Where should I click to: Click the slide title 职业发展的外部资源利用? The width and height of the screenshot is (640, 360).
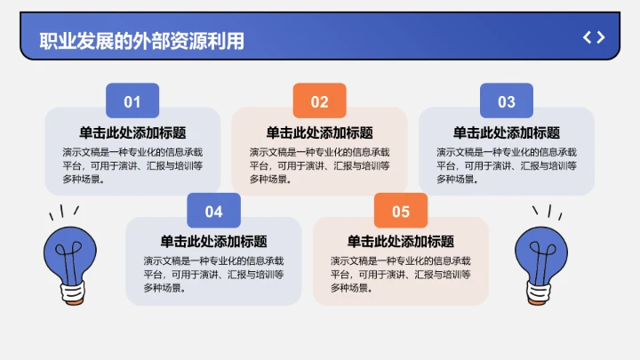click(142, 41)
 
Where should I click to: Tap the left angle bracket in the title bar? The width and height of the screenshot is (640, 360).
click(587, 37)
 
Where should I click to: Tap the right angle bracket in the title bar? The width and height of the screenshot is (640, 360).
click(601, 37)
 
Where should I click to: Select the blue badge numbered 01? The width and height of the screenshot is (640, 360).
click(132, 101)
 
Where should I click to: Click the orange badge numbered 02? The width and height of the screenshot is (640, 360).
click(319, 101)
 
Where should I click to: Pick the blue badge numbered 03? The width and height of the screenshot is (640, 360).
click(506, 101)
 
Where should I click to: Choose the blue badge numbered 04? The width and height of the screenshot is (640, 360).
click(213, 212)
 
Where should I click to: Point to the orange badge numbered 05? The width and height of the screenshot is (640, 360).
click(400, 212)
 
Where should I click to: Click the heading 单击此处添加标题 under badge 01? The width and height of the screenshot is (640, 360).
click(132, 132)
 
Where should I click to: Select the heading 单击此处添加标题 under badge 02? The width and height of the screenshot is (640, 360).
click(319, 132)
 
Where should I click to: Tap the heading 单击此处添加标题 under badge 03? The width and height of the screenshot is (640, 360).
click(506, 132)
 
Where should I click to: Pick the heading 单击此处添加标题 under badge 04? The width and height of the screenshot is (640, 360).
click(213, 242)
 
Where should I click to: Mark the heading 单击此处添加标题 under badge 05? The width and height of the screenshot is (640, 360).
click(400, 242)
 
